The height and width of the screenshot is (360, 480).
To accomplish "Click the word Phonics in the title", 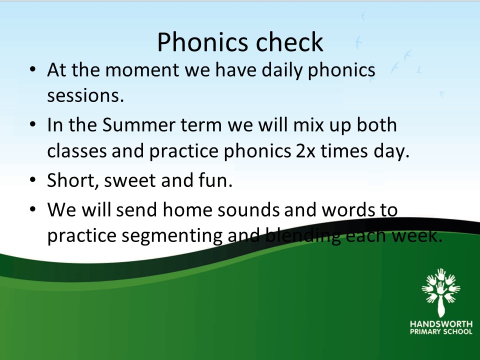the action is (x=202, y=42).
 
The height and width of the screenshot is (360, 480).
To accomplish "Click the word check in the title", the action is (x=289, y=42).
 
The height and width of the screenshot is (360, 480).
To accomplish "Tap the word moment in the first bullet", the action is (x=142, y=70).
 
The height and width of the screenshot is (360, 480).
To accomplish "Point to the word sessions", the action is (x=85, y=95).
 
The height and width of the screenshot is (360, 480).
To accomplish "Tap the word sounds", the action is (x=248, y=209).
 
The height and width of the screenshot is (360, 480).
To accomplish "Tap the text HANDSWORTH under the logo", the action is (x=441, y=324).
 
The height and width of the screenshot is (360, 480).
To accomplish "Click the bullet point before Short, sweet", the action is (x=33, y=179).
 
